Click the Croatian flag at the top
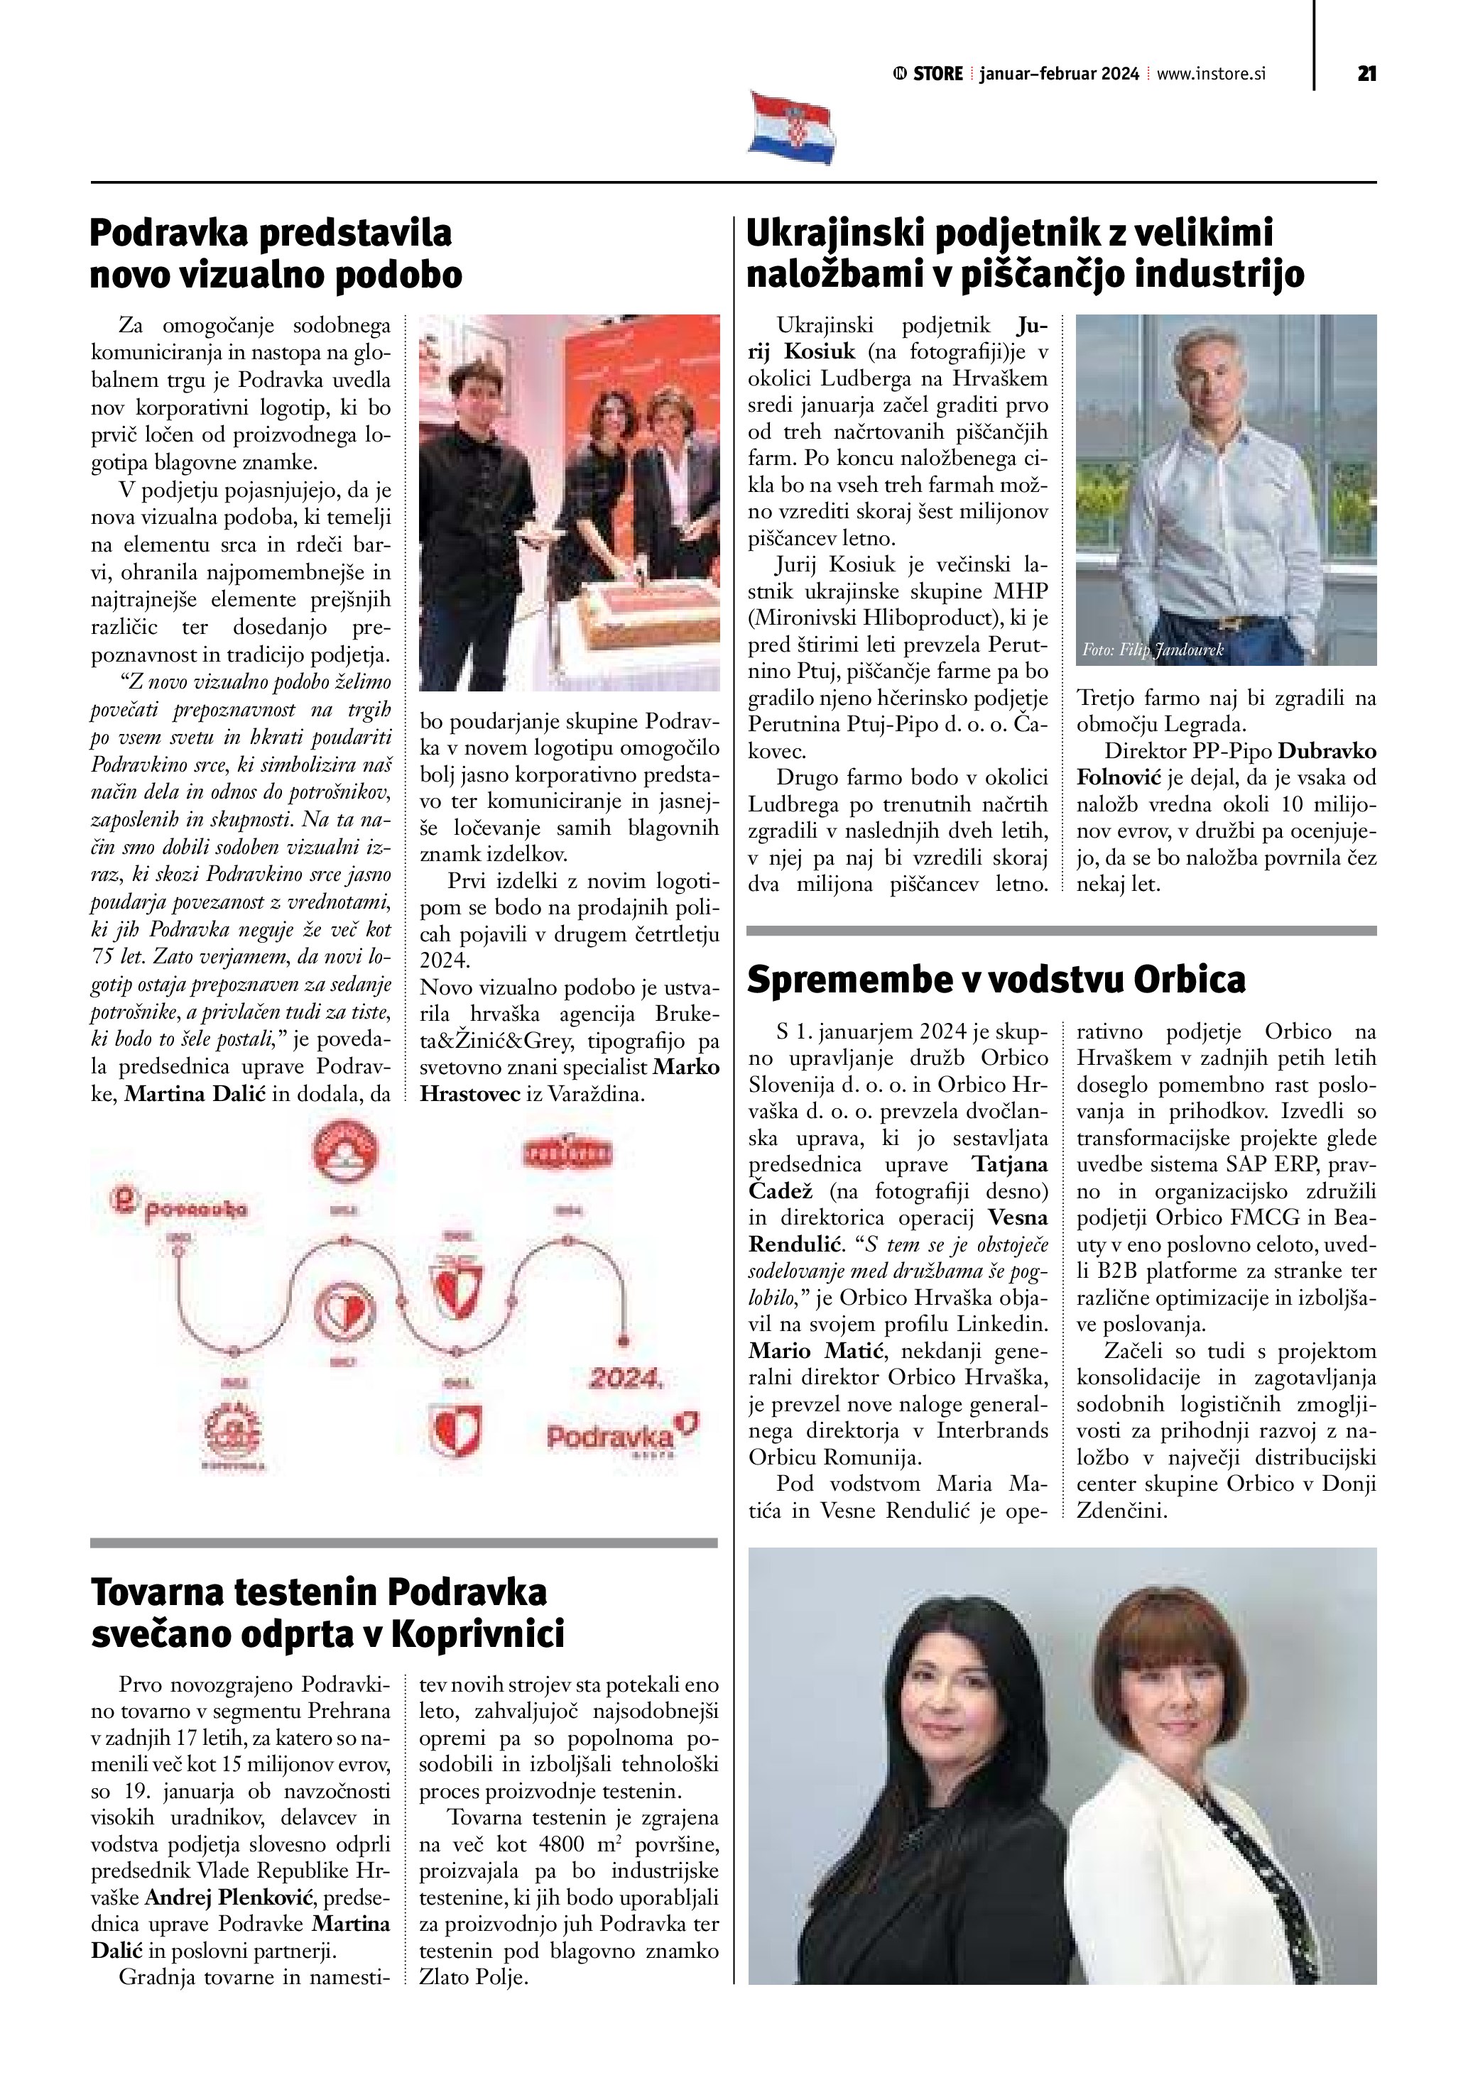coord(792,128)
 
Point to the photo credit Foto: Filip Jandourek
coord(1152,650)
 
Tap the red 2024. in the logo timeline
coord(626,1378)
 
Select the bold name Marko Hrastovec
coord(570,1081)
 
